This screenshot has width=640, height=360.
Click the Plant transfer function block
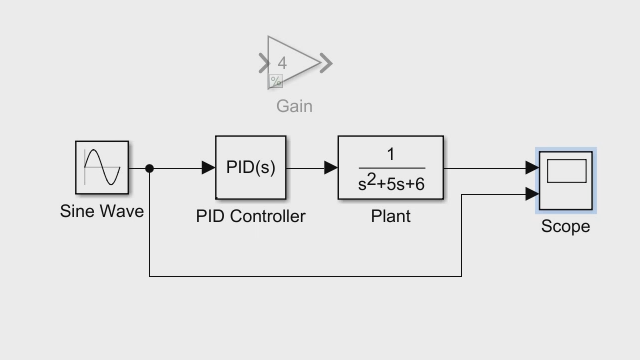(x=391, y=168)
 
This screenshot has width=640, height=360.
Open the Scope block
(x=566, y=181)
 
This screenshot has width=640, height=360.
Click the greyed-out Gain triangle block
(x=292, y=64)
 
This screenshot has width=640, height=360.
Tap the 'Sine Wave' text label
(x=102, y=211)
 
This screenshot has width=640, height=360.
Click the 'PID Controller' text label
(x=250, y=216)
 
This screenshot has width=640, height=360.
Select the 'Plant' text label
(x=390, y=216)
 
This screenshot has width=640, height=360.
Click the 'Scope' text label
(x=565, y=227)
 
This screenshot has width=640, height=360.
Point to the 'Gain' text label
(x=294, y=106)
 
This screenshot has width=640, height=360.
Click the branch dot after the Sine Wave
(x=149, y=168)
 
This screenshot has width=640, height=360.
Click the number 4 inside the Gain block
(x=282, y=63)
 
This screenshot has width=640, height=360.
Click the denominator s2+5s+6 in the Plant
(x=391, y=184)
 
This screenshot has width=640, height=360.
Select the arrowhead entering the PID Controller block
(x=209, y=168)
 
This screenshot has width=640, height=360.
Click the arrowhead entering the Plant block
(x=331, y=168)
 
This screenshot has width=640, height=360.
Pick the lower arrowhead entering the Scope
(x=532, y=195)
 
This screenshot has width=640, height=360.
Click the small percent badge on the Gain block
(x=275, y=81)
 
